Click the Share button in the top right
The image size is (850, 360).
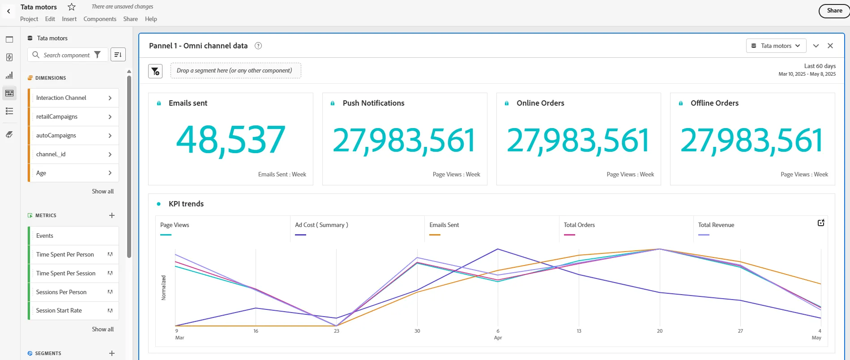[x=834, y=11]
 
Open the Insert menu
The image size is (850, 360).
[x=69, y=19]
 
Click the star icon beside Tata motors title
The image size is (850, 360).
[x=72, y=7]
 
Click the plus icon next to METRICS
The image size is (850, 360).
[x=112, y=215]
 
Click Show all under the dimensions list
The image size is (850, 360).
[x=103, y=191]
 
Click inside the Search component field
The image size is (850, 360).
[x=67, y=55]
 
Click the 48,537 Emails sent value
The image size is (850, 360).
[x=231, y=140]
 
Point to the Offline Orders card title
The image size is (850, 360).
[x=714, y=103]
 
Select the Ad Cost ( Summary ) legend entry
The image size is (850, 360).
[x=321, y=225]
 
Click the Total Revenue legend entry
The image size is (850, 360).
[x=716, y=225]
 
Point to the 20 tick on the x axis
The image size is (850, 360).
[x=659, y=331]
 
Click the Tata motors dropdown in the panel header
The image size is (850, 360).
[x=776, y=46]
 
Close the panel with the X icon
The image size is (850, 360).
[x=830, y=46]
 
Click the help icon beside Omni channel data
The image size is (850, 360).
[x=258, y=46]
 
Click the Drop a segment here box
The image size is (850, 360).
[x=235, y=71]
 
